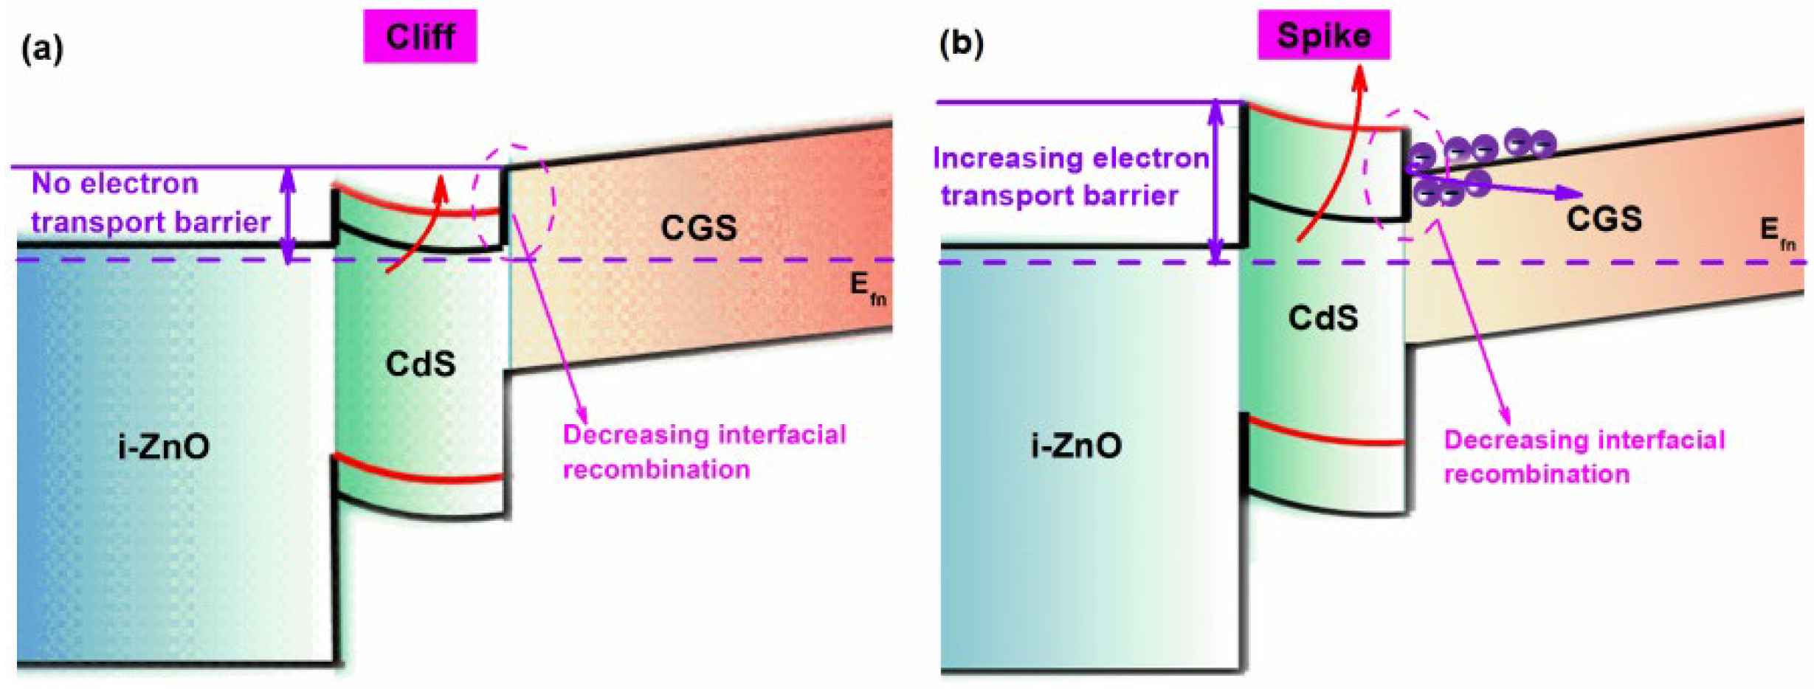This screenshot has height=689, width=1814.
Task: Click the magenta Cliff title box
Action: tap(420, 36)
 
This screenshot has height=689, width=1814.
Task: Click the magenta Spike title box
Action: tap(1323, 35)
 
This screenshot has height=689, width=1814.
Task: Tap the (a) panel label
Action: tap(43, 49)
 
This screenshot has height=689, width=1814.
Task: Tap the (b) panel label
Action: tap(961, 44)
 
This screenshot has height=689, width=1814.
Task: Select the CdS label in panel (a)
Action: tap(420, 364)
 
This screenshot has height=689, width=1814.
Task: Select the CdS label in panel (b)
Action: tap(1322, 318)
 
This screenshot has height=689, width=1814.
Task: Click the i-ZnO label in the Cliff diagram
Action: tap(164, 446)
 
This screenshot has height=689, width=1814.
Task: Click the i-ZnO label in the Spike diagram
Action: tap(1076, 445)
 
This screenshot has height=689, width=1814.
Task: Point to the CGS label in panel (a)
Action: tap(698, 227)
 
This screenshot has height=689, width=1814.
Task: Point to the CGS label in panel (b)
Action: tap(1604, 218)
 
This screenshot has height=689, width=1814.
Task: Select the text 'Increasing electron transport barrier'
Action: tap(1070, 177)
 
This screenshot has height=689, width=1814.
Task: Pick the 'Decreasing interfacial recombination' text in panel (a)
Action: tap(703, 451)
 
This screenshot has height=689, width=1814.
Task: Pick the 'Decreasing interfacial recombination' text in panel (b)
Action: tap(1584, 456)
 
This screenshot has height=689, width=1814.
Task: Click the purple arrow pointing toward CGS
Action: tap(1535, 190)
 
